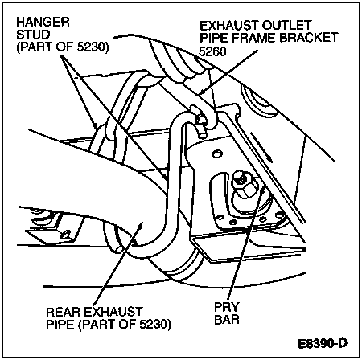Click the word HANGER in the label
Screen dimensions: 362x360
(x=43, y=22)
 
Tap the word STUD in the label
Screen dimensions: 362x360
(x=33, y=35)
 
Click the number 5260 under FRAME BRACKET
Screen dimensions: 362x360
(x=212, y=51)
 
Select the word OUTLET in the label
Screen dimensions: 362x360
(x=286, y=26)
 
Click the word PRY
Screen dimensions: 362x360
(x=227, y=307)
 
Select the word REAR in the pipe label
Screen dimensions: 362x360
(x=63, y=312)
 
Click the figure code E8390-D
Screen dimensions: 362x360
(x=323, y=344)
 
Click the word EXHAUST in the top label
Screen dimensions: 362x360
(x=229, y=26)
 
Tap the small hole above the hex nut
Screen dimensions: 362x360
(x=217, y=153)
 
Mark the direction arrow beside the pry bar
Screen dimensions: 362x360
(x=262, y=147)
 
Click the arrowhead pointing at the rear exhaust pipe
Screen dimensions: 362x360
(x=140, y=227)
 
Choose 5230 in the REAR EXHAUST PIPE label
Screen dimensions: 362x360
(x=153, y=325)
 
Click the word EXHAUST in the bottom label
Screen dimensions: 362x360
(x=113, y=312)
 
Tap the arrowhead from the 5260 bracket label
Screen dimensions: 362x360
(x=203, y=93)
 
